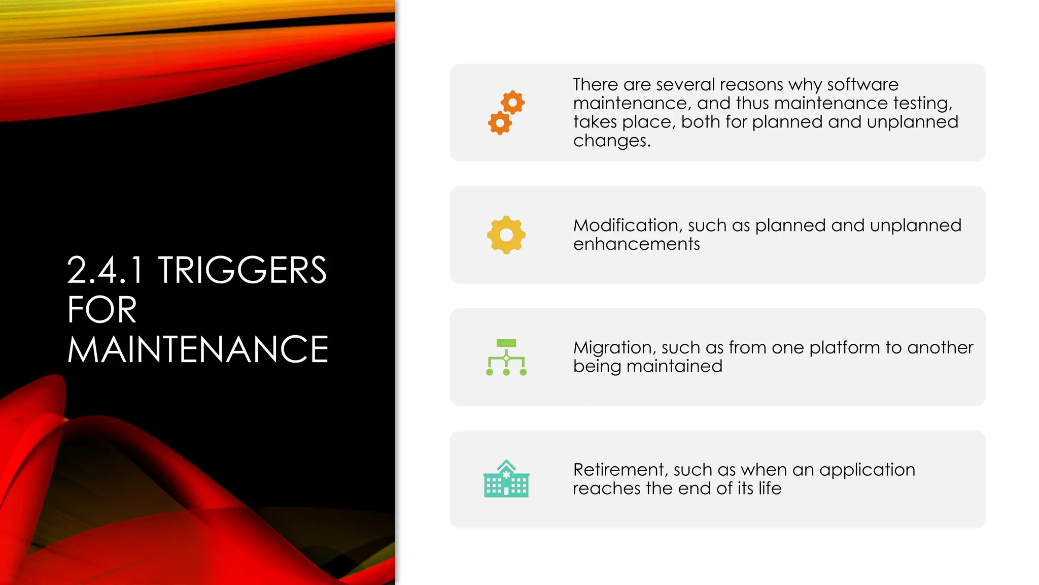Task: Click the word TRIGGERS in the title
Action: (x=242, y=270)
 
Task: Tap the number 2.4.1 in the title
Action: (x=106, y=270)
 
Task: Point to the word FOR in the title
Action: (x=102, y=310)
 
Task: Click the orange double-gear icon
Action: (x=506, y=113)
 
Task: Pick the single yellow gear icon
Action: (x=506, y=235)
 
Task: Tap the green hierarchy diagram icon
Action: (x=506, y=357)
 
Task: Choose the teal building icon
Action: (x=506, y=479)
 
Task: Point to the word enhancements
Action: (x=636, y=244)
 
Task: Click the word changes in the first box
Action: (x=611, y=141)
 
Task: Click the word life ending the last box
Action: (x=770, y=489)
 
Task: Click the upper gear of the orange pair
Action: (x=513, y=103)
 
